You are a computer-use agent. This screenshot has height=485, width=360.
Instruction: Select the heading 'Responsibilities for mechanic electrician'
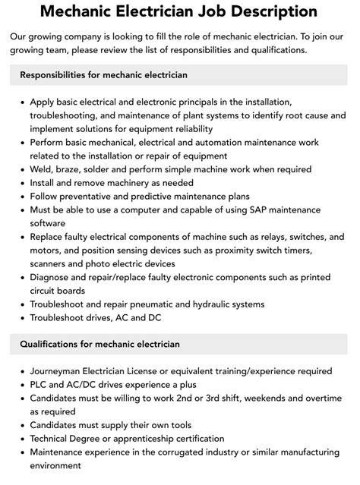(104, 75)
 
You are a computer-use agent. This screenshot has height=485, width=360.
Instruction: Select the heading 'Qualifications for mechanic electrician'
(100, 344)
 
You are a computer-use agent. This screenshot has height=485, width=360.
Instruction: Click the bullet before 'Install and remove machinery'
(23, 183)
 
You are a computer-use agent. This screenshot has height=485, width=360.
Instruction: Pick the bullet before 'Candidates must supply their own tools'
(23, 425)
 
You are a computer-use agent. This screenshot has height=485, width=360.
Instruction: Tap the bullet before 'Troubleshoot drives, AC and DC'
(23, 318)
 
